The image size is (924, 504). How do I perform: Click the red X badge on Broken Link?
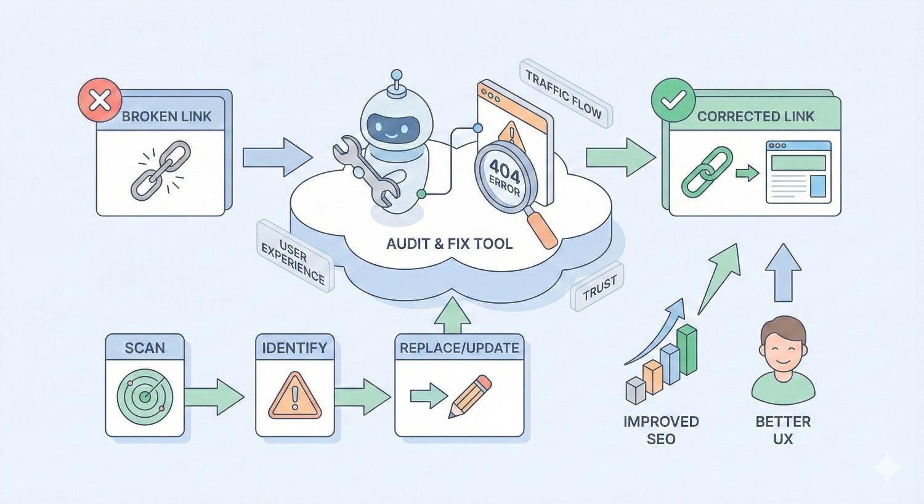coord(100,99)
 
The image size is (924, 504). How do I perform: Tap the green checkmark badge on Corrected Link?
coord(673,99)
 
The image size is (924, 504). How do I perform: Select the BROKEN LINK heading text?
coord(166,116)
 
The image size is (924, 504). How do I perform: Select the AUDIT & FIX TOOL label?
coord(449,244)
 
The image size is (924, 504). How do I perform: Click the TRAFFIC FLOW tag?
coord(563,94)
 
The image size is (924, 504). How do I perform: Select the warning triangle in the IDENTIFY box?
coord(295,396)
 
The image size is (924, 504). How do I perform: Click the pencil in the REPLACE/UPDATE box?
coord(471,397)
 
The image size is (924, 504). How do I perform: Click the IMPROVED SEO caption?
coord(661,430)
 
